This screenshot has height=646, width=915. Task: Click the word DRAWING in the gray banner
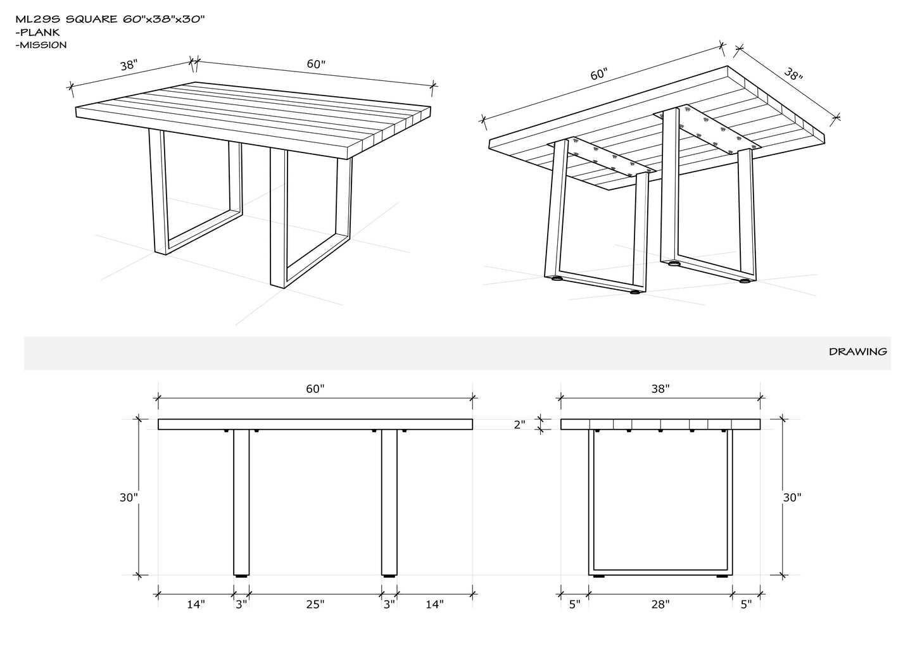tap(858, 351)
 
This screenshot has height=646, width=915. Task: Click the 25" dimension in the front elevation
tap(315, 604)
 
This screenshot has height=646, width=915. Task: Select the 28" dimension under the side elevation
tap(660, 604)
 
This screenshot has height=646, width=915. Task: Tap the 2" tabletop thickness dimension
tap(520, 425)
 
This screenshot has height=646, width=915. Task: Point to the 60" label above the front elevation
tap(315, 388)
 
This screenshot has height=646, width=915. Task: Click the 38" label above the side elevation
tap(660, 388)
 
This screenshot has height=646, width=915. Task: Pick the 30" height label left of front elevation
tap(129, 497)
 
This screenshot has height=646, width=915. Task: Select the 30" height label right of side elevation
tap(792, 497)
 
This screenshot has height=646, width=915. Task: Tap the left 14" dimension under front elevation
tap(196, 604)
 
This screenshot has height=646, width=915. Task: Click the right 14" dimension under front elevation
tap(434, 604)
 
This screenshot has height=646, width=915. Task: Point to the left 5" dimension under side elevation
tap(575, 604)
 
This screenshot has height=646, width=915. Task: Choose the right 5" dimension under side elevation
tap(747, 604)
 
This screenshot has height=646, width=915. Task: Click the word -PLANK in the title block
tap(37, 32)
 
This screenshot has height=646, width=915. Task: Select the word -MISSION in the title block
tap(41, 45)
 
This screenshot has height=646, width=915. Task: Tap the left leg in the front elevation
tap(241, 502)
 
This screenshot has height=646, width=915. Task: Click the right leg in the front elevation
tap(389, 502)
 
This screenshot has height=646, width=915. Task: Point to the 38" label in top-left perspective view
tap(129, 65)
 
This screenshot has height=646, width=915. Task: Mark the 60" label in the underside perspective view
tap(599, 74)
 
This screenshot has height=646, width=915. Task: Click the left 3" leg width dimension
tap(241, 604)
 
